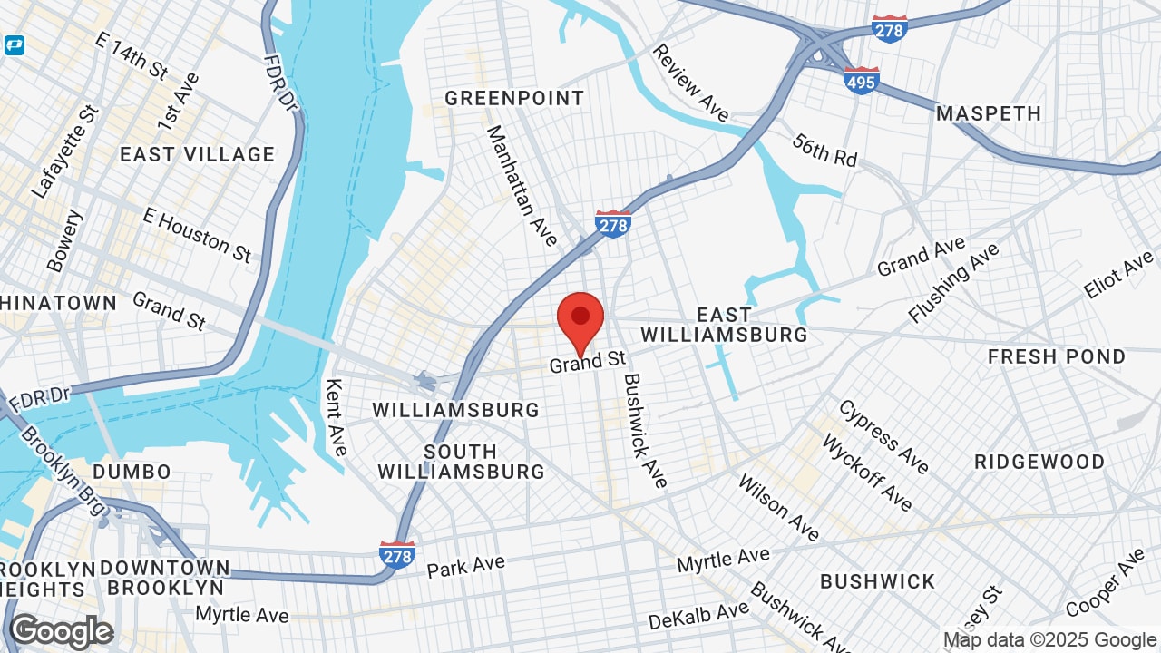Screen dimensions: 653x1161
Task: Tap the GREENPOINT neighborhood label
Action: (514, 98)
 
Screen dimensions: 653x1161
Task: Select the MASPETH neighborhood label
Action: (989, 113)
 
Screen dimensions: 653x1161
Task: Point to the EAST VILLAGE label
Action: (197, 154)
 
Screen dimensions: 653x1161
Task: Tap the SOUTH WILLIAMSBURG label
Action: (461, 462)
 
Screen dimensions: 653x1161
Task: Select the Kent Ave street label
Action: (336, 417)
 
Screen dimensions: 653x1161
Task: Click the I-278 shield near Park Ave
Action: (397, 554)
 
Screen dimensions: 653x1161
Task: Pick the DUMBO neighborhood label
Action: (132, 472)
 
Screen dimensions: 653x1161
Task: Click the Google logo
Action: (61, 631)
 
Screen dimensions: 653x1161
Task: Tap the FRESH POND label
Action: (1057, 356)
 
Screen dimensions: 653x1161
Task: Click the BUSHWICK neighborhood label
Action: (877, 581)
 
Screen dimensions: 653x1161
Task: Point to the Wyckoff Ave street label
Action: (867, 472)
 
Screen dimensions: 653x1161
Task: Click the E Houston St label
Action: (197, 234)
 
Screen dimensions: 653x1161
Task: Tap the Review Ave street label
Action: (690, 83)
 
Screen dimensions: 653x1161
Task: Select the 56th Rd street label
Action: (824, 150)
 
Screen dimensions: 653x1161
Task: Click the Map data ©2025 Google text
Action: (1049, 640)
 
